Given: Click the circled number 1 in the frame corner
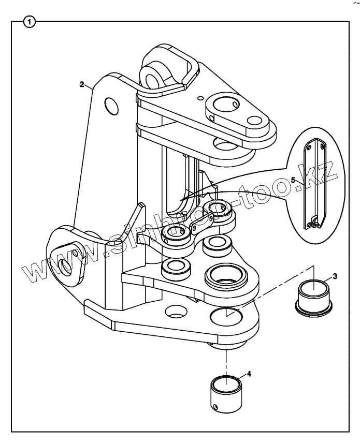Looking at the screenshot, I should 31,22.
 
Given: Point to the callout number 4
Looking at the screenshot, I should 249,373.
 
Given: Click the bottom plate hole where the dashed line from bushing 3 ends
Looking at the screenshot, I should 224,315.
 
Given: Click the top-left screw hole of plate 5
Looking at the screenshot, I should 309,147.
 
